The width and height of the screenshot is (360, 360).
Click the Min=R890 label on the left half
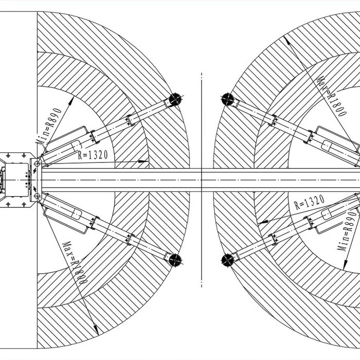(x=49, y=125)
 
